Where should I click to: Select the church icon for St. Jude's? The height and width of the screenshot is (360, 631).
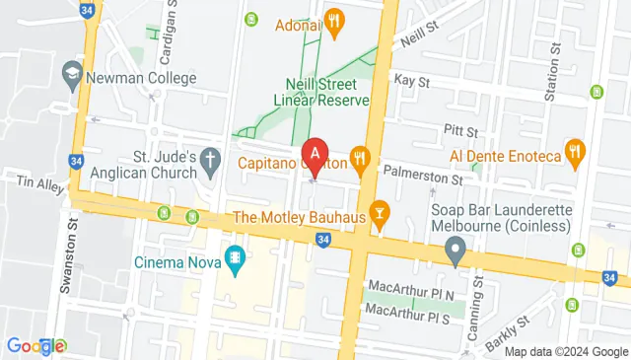pos(209,158)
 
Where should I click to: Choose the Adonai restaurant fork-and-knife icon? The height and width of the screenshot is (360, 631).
pos(334,21)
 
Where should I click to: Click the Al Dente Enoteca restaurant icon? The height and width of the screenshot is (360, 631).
pos(575,153)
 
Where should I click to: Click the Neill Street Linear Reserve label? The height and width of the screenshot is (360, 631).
pos(327,92)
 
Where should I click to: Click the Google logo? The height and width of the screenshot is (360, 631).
pos(35,345)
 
